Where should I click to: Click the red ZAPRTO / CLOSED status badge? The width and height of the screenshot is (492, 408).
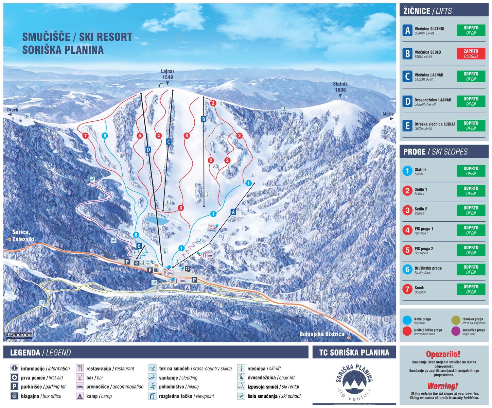[x=471, y=54]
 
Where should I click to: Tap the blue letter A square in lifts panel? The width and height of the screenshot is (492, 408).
[x=407, y=31]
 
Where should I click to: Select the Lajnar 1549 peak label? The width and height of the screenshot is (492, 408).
[x=168, y=74]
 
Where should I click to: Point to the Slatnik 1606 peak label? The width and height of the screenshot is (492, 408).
[x=340, y=87]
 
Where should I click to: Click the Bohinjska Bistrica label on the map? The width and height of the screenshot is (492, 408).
[x=322, y=334]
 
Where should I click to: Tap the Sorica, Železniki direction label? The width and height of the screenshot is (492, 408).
[x=21, y=236]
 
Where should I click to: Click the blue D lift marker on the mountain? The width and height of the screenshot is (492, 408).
[x=148, y=150]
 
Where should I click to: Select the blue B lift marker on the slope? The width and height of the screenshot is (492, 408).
[x=204, y=119]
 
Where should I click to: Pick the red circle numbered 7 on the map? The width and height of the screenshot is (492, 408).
[x=85, y=136]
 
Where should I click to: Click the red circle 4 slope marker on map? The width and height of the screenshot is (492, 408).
[x=158, y=136]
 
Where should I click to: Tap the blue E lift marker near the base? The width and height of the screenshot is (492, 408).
[x=139, y=246]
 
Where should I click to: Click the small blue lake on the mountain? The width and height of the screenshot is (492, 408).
[x=157, y=220]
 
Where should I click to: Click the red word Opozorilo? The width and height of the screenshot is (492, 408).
[x=443, y=354]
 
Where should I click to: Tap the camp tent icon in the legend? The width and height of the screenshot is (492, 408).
[x=80, y=396]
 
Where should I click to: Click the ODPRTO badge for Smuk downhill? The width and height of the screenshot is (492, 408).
[x=471, y=289]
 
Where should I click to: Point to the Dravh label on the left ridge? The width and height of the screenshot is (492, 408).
[x=13, y=110]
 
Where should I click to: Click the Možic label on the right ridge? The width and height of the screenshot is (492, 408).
[x=388, y=114]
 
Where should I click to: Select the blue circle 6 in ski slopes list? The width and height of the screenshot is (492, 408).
[x=407, y=270]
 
